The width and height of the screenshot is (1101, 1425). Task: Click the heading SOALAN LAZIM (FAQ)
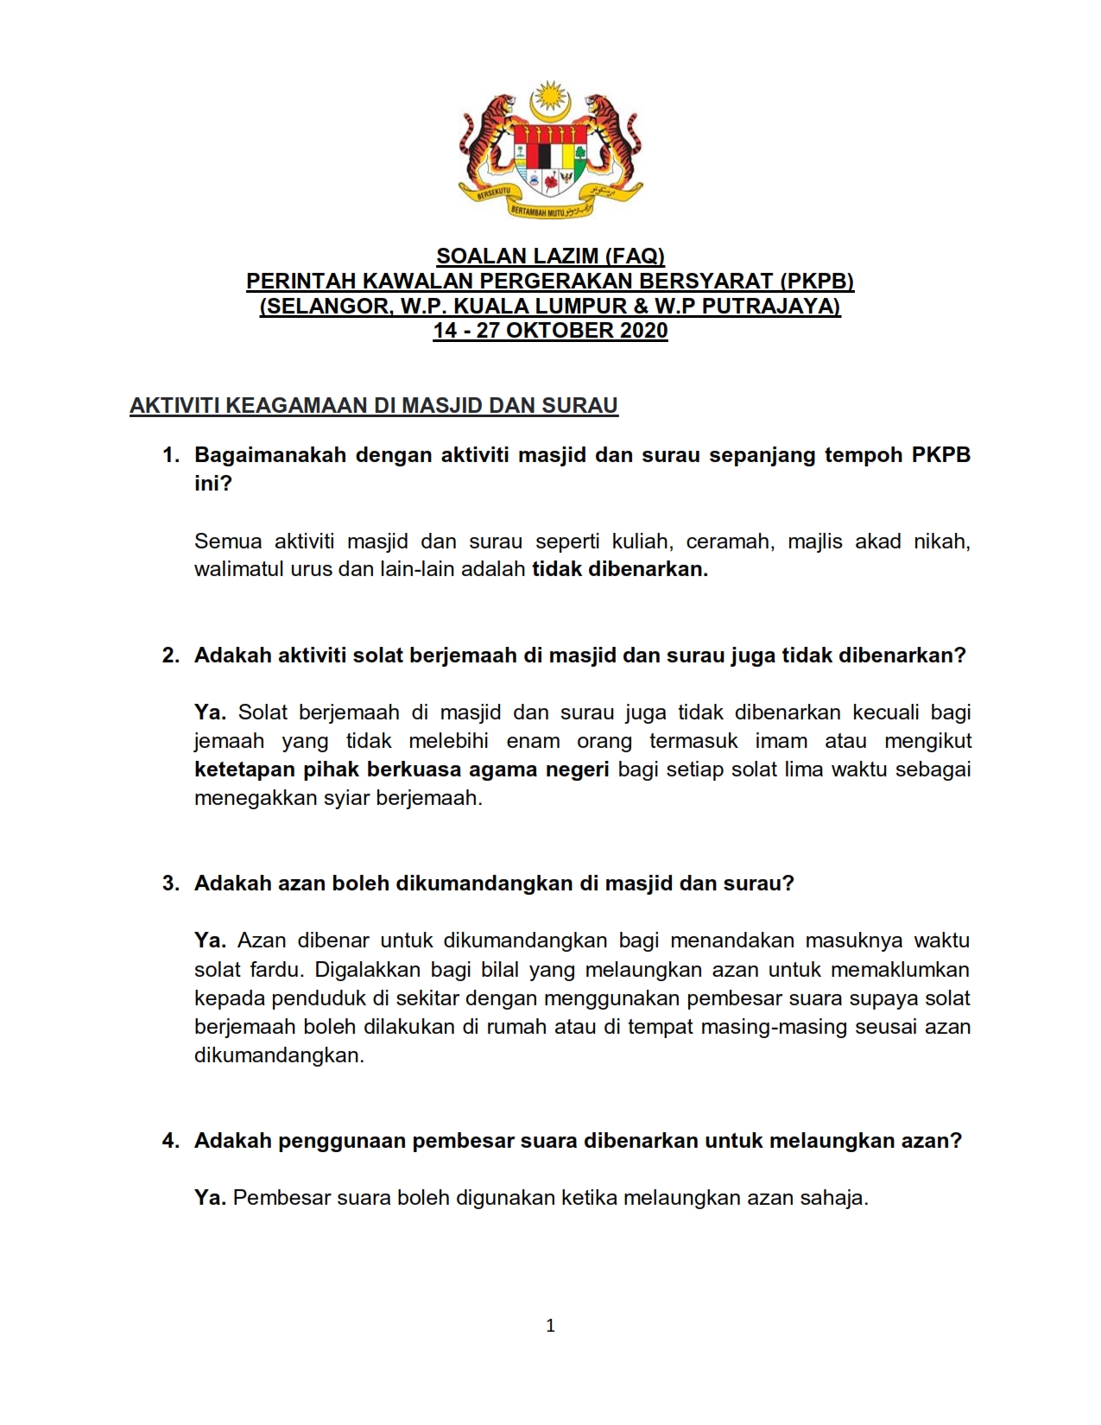(550, 256)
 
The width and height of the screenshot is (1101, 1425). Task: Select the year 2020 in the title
(643, 331)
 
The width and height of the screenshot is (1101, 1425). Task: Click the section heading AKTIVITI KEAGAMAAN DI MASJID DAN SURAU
(374, 406)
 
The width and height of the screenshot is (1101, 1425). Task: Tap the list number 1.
(170, 455)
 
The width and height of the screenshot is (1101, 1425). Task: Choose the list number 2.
(170, 655)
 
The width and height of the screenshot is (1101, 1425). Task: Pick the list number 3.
(170, 883)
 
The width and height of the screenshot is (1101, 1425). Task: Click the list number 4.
(170, 1141)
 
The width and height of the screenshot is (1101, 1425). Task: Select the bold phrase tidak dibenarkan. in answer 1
(619, 570)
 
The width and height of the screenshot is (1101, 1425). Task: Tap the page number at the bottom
(550, 1326)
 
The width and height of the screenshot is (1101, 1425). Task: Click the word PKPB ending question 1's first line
(941, 455)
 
